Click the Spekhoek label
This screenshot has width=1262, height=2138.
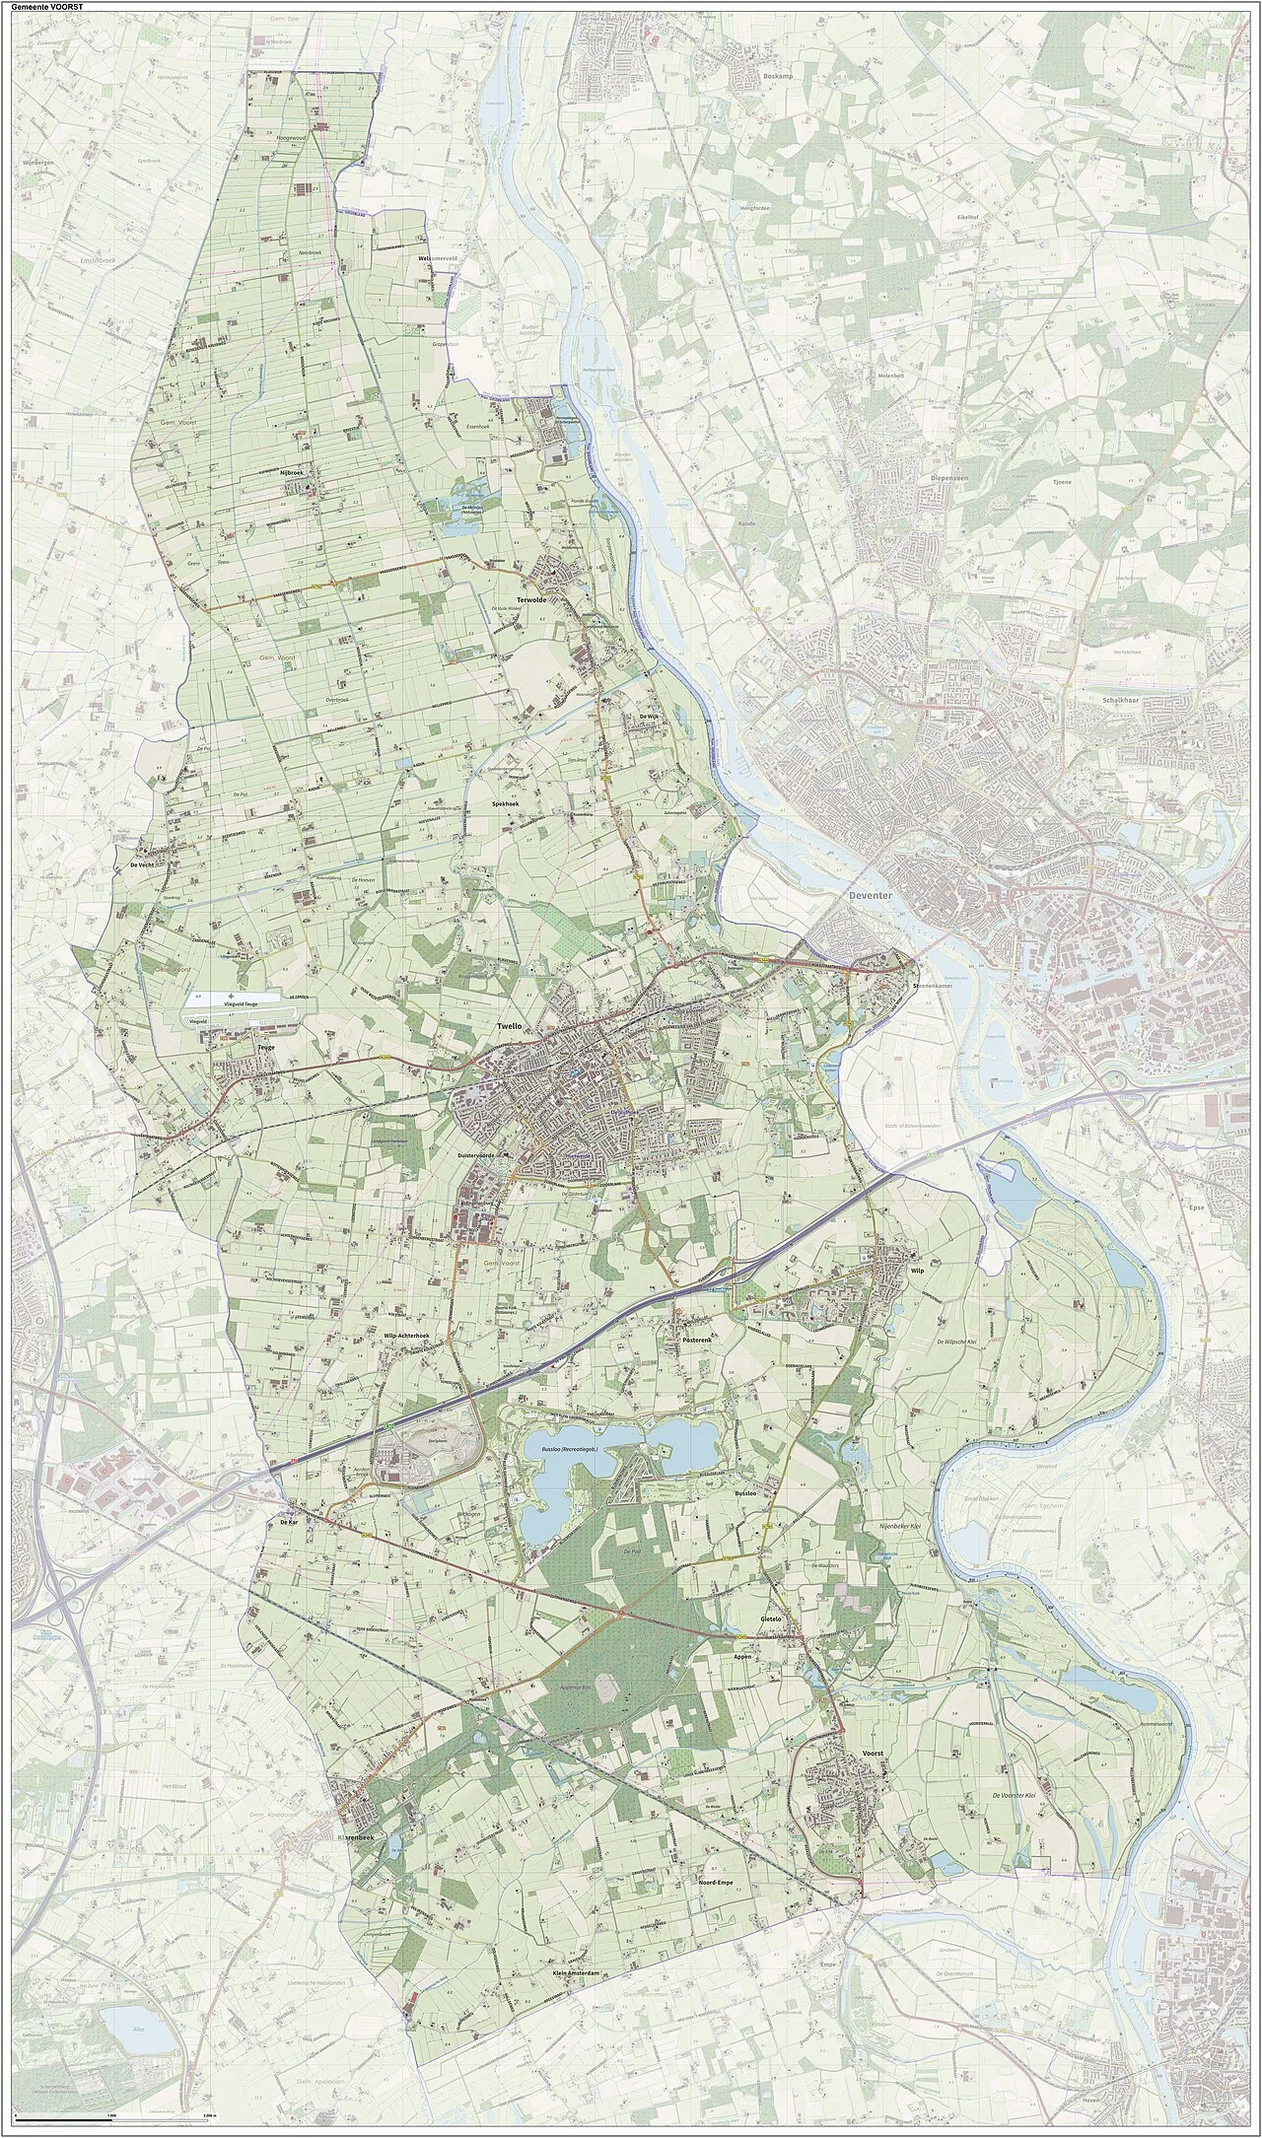(512, 805)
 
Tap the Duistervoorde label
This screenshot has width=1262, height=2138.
(493, 1154)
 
